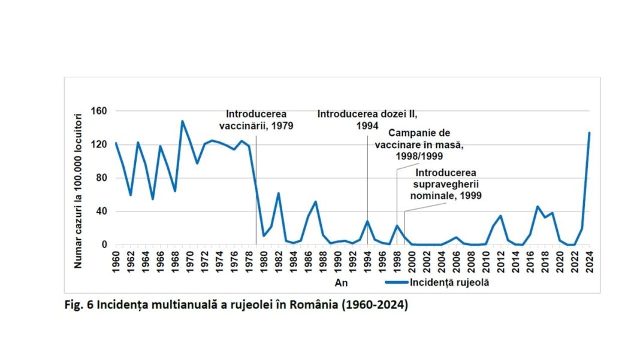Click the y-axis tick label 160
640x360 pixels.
pos(99,111)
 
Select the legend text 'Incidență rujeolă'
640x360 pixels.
pos(450,283)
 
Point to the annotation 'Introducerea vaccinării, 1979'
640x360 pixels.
pos(256,120)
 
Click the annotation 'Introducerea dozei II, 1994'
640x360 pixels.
pos(367,120)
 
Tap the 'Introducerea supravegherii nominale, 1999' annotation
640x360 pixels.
pos(445,184)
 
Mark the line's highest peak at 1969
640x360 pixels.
pos(182,122)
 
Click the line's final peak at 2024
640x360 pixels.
pos(589,133)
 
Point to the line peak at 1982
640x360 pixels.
pos(279,193)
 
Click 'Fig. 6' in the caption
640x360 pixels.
pos(78,304)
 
